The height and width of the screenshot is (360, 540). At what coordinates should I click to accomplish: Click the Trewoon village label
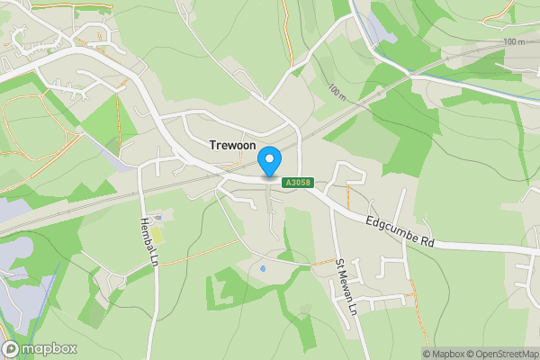[x=234, y=144]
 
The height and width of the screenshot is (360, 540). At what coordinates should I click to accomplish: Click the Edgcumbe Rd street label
[x=400, y=232]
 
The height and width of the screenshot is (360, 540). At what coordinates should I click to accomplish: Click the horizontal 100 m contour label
[x=513, y=42]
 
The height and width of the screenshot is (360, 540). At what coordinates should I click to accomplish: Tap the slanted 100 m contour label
[x=337, y=92]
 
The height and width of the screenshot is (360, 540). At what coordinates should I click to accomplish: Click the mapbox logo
[x=40, y=348]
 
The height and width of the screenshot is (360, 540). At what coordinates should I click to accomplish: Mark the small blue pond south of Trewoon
[x=262, y=268]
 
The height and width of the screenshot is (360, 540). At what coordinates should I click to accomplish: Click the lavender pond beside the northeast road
[x=381, y=34]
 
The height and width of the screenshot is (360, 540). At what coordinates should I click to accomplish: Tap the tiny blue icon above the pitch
[x=159, y=217]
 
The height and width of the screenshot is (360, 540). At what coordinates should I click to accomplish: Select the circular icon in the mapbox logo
[x=11, y=348]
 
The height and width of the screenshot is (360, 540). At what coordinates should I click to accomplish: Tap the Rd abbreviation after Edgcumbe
[x=427, y=241]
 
